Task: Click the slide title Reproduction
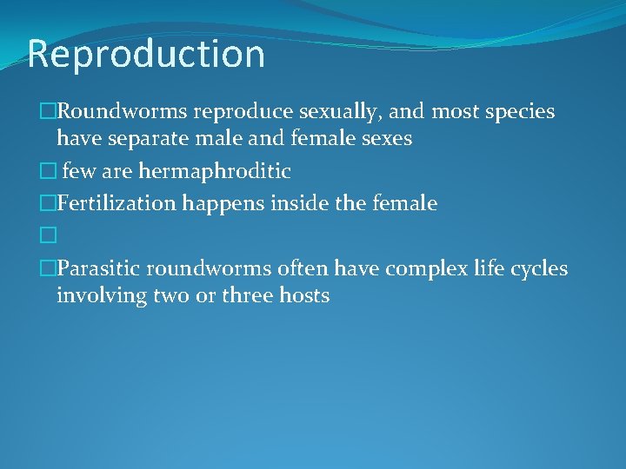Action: point(146,54)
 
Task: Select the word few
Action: point(78,170)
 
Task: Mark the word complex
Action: point(419,268)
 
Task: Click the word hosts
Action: point(304,295)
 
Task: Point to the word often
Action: point(307,268)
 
